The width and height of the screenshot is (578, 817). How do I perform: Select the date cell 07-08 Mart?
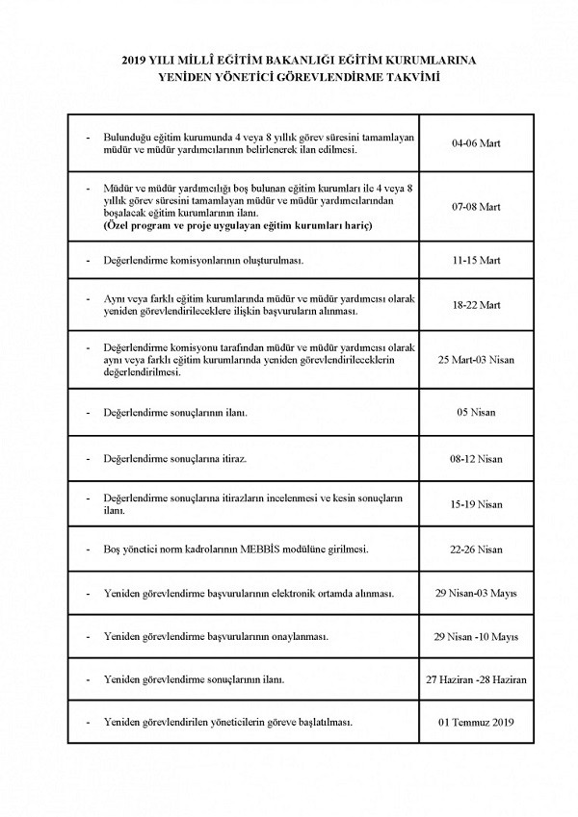pos(476,206)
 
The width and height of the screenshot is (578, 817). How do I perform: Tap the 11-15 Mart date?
pos(476,261)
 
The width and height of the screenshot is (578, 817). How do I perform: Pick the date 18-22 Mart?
pos(476,306)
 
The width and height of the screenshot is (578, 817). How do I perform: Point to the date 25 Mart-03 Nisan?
pos(476,359)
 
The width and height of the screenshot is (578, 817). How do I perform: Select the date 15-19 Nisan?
pos(476,504)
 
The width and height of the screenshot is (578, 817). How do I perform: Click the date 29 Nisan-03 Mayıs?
pos(476,595)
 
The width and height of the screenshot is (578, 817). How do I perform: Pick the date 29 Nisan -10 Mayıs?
pos(476,637)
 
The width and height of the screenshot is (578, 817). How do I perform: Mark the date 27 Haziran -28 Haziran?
pos(476,679)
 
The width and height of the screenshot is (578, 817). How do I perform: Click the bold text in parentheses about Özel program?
pos(238,224)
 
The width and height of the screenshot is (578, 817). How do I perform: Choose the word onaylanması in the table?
pos(299,637)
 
